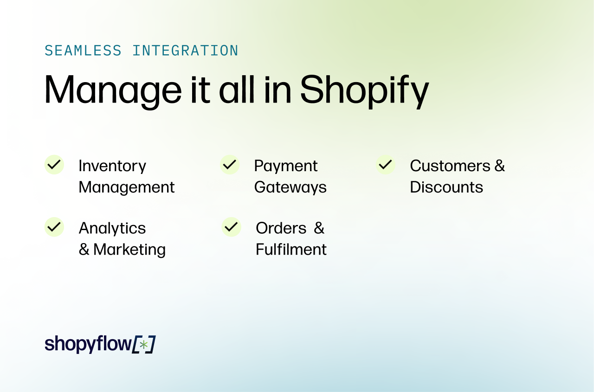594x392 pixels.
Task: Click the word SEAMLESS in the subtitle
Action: click(x=83, y=51)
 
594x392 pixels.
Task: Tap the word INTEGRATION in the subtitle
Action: click(x=185, y=51)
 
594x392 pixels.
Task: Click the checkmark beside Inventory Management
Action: click(x=54, y=165)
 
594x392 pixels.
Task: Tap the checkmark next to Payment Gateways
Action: click(x=230, y=165)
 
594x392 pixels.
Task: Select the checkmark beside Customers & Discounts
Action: click(x=386, y=165)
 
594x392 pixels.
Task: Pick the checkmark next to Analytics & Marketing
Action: click(x=54, y=227)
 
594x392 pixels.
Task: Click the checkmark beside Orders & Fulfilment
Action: click(x=231, y=227)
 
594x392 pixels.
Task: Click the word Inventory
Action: click(x=112, y=166)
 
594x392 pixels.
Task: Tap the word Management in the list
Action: click(x=127, y=187)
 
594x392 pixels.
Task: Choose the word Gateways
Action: click(x=291, y=187)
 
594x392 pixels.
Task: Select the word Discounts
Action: click(x=446, y=187)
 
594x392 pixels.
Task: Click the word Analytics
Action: click(x=112, y=228)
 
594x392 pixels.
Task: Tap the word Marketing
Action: click(x=129, y=250)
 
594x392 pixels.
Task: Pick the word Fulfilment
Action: click(x=291, y=250)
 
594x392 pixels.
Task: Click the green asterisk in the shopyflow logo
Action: click(x=144, y=345)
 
